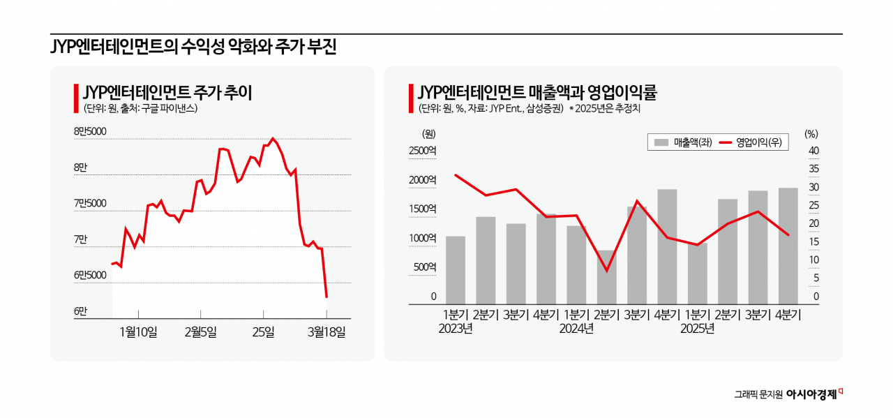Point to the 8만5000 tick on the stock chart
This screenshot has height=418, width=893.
click(x=90, y=131)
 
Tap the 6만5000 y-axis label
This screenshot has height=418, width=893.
click(x=90, y=275)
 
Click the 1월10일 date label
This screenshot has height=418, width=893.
click(x=138, y=331)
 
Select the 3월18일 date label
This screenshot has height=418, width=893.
click(x=327, y=331)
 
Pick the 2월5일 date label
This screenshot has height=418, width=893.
click(x=201, y=331)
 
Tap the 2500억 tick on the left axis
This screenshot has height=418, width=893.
click(x=422, y=151)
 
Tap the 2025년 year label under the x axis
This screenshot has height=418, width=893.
click(x=697, y=329)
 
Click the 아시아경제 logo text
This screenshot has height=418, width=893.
click(x=811, y=394)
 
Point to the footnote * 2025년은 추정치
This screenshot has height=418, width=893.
click(x=604, y=109)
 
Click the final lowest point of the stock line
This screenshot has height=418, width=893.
click(x=327, y=297)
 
